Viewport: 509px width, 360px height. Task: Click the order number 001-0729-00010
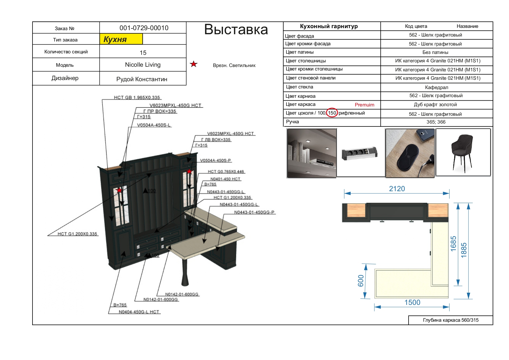click(x=144, y=28)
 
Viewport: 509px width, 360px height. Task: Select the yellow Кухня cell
click(x=121, y=39)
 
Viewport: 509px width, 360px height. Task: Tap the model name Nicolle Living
click(x=142, y=65)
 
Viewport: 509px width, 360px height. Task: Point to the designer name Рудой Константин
click(x=142, y=79)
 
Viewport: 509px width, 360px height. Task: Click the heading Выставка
click(x=236, y=30)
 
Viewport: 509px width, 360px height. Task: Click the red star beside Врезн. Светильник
click(x=194, y=64)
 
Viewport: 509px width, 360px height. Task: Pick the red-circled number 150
click(x=332, y=113)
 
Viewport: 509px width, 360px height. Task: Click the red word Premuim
click(x=364, y=105)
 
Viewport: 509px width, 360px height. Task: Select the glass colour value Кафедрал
click(x=436, y=87)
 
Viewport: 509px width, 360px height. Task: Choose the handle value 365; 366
click(x=436, y=122)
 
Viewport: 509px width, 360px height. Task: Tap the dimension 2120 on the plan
click(x=397, y=189)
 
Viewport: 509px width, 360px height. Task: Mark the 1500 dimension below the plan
click(x=412, y=303)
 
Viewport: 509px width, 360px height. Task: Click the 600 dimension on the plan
click(x=361, y=281)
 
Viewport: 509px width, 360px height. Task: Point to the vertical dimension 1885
click(x=464, y=250)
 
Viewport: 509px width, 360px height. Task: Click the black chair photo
click(x=463, y=152)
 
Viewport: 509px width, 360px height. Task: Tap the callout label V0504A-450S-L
click(x=154, y=125)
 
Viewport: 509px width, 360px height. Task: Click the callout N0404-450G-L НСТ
click(x=139, y=312)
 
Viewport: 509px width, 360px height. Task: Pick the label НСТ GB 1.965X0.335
click(x=137, y=97)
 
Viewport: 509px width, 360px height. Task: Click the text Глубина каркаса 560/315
click(x=451, y=320)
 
